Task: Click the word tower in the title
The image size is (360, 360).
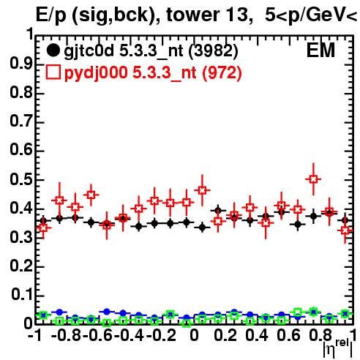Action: coord(192,15)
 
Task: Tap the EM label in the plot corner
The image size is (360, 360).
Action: coord(320,50)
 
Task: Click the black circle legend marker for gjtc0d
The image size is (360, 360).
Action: coord(53,50)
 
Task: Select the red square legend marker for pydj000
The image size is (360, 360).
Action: coord(53,72)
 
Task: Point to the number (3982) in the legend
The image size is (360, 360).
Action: coord(213,50)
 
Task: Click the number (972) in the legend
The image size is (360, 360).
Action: coord(222,72)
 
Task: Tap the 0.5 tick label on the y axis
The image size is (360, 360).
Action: coord(21,180)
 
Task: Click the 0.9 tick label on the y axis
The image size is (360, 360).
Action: coord(21,64)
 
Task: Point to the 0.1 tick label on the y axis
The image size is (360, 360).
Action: coord(21,295)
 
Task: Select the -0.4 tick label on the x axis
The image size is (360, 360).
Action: coord(129,335)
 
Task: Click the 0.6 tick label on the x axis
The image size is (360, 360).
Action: coord(288,335)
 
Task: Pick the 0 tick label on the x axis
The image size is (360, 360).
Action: coord(194,335)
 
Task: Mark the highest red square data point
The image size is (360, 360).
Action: coord(314,179)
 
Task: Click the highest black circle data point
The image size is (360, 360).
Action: coord(218,210)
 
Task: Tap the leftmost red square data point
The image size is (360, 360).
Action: coord(43,228)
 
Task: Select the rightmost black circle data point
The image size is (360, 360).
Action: coord(345,220)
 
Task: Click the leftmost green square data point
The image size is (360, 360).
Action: coord(43,315)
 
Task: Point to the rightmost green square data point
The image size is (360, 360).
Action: coord(345,314)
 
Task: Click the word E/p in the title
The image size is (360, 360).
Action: coord(51,15)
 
